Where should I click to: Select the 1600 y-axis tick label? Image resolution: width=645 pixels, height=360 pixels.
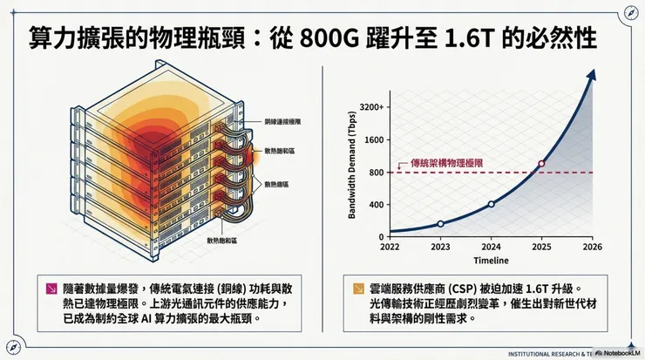click(x=375, y=139)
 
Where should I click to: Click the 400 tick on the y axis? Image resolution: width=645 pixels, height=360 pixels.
click(x=377, y=205)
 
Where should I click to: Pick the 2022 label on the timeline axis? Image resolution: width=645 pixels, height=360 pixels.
click(x=390, y=247)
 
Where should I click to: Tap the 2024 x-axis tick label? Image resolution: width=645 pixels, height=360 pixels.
click(x=491, y=247)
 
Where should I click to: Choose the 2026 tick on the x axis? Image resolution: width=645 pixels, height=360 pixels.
click(x=592, y=247)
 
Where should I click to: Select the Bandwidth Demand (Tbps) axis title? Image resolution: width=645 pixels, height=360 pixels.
click(x=355, y=171)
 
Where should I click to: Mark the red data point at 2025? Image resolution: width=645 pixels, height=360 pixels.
click(x=541, y=164)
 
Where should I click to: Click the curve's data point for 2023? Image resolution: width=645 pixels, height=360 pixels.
click(x=440, y=224)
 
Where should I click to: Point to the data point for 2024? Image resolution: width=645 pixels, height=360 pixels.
click(x=491, y=204)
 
